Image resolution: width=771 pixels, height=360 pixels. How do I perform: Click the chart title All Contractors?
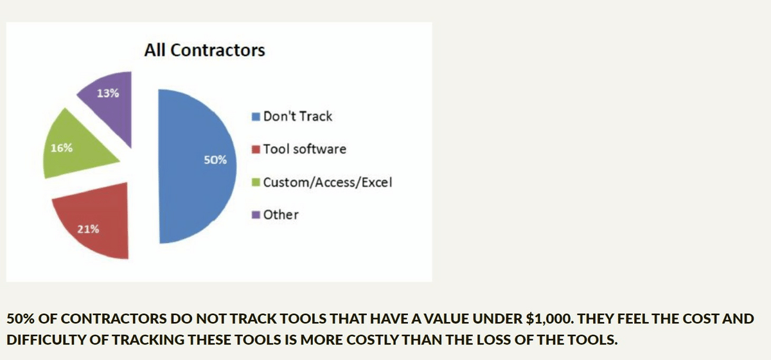[x=205, y=50]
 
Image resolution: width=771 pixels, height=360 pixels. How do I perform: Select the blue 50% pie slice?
[x=193, y=166]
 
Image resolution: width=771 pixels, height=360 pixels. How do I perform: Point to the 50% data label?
[x=215, y=160]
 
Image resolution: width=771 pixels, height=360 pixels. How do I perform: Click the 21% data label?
[x=88, y=229]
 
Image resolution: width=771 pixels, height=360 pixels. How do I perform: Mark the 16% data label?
[x=62, y=148]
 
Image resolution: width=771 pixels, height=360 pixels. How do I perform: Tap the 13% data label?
[x=108, y=93]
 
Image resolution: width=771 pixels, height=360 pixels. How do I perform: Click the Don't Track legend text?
[x=297, y=116]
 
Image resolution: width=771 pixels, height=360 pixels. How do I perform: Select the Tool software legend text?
[x=305, y=149]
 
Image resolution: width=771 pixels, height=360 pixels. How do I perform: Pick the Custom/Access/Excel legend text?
[x=328, y=182]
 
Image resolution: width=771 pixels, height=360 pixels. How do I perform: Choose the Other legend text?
[x=281, y=215]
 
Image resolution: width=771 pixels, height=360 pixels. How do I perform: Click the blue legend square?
[x=256, y=117]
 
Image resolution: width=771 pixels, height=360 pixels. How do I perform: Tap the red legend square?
[x=256, y=150]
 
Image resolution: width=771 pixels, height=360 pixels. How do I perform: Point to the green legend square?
[x=256, y=182]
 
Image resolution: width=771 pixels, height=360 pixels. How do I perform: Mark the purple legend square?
[x=256, y=215]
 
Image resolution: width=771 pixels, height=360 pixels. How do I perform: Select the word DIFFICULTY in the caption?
[x=46, y=339]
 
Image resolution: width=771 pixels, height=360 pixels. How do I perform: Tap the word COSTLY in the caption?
[x=373, y=339]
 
